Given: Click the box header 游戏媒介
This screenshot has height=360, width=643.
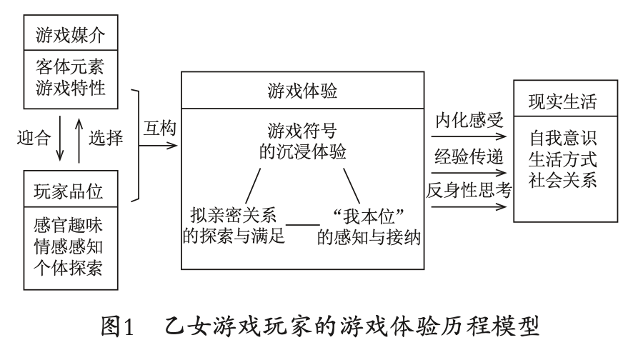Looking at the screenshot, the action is pyautogui.click(x=71, y=35).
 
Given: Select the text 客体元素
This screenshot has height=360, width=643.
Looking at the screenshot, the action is pyautogui.click(x=71, y=66).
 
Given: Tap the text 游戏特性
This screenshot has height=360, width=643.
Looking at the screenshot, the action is pyautogui.click(x=71, y=87).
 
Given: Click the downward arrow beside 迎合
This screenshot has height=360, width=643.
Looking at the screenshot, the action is pyautogui.click(x=60, y=138).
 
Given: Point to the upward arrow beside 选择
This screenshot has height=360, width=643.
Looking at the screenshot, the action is pyautogui.click(x=79, y=141).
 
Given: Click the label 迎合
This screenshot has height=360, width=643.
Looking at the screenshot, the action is pyautogui.click(x=34, y=137).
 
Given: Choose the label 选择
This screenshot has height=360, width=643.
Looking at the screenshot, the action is pyautogui.click(x=106, y=137).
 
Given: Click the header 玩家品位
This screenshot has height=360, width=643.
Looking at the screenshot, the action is pyautogui.click(x=68, y=191).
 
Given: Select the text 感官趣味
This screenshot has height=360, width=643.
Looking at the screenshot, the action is pyautogui.click(x=68, y=225).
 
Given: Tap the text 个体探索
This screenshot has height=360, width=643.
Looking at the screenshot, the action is pyautogui.click(x=68, y=268).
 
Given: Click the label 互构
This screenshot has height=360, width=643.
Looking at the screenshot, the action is pyautogui.click(x=160, y=129).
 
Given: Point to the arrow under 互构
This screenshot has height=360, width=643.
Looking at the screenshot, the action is pyautogui.click(x=159, y=146).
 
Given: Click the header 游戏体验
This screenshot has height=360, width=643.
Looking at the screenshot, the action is pyautogui.click(x=303, y=91).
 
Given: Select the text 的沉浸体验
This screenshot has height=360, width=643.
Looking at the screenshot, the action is pyautogui.click(x=303, y=151).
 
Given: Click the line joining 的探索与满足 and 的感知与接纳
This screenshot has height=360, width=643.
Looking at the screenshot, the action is pyautogui.click(x=303, y=225).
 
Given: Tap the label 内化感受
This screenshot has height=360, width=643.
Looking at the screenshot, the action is pyautogui.click(x=469, y=120).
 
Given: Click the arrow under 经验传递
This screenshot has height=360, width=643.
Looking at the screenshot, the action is pyautogui.click(x=469, y=173).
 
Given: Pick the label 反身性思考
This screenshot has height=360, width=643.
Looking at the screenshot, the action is pyautogui.click(x=469, y=190).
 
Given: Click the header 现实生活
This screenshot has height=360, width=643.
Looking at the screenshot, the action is pyautogui.click(x=563, y=101).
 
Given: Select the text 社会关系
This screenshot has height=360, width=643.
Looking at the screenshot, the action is pyautogui.click(x=563, y=180).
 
